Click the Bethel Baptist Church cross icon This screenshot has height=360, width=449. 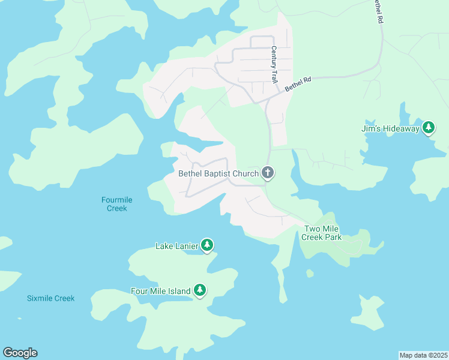pyautogui.click(x=268, y=173)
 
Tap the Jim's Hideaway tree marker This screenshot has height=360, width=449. pyautogui.click(x=428, y=128)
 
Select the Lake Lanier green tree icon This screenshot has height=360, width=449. pyautogui.click(x=207, y=245)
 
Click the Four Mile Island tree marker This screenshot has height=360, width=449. pyautogui.click(x=200, y=291)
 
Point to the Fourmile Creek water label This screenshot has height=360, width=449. pyautogui.click(x=117, y=204)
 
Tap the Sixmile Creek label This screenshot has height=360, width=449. pyautogui.click(x=51, y=298)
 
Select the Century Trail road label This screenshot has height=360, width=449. pyautogui.click(x=274, y=64)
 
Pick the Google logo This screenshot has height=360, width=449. pyautogui.click(x=20, y=353)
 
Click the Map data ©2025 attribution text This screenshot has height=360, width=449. pyautogui.click(x=423, y=355)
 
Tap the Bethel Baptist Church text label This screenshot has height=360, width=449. pyautogui.click(x=218, y=173)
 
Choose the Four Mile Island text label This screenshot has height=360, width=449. pyautogui.click(x=160, y=292)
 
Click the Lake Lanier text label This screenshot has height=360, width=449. pyautogui.click(x=177, y=246)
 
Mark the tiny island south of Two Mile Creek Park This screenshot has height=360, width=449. pyautogui.click(x=310, y=274)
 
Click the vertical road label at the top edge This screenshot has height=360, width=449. pyautogui.click(x=378, y=11)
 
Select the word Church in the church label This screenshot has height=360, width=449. pyautogui.click(x=245, y=173)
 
